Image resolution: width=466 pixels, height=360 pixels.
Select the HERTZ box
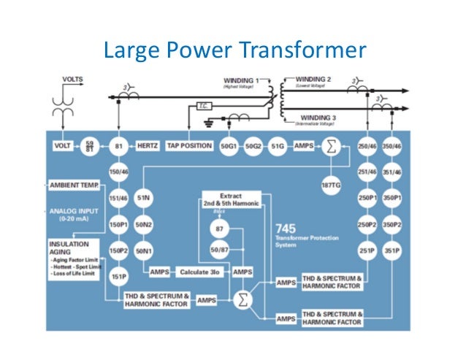coord(150,146)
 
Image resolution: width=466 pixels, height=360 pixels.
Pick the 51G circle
coord(278,146)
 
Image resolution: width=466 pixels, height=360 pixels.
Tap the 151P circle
coord(118,277)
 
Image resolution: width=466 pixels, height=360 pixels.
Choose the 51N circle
coord(143,198)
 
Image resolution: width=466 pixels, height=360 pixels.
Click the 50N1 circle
coord(143,250)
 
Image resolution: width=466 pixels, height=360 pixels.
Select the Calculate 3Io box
coord(200,272)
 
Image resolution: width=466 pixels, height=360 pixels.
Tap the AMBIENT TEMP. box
coord(76,184)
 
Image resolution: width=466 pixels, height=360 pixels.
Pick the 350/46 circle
coord(393,146)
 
